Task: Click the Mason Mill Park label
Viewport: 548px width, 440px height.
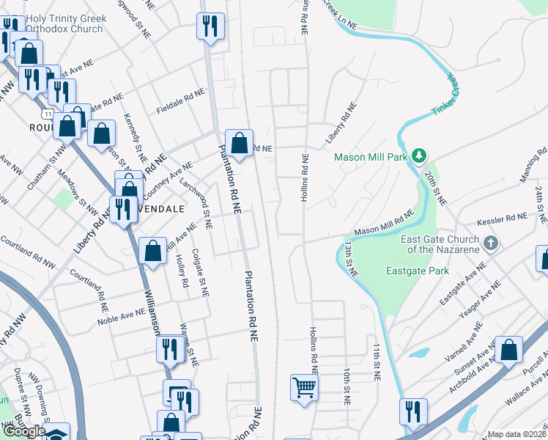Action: (371, 157)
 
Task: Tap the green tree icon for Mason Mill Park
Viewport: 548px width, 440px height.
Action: (418, 155)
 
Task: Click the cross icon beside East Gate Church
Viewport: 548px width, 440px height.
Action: (491, 242)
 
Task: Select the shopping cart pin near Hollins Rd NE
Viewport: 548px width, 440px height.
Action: (304, 386)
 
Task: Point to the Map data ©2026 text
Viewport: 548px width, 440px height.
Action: (517, 434)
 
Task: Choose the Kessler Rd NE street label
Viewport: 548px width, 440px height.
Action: (501, 218)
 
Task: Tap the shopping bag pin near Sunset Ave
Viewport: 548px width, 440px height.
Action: (508, 350)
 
